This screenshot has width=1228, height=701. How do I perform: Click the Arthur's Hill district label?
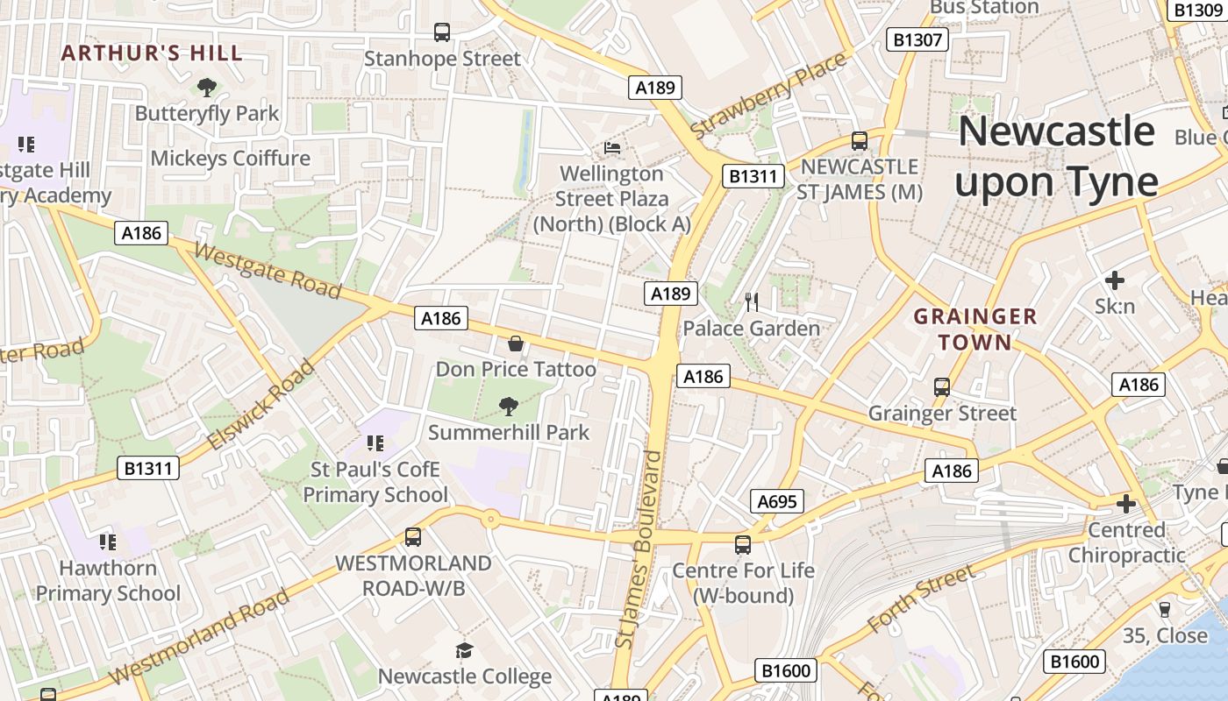pos(152,53)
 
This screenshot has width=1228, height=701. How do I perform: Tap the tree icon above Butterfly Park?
pos(207,87)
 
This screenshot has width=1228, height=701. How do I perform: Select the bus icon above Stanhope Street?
pos(442,32)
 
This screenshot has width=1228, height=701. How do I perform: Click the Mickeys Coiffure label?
pos(231,159)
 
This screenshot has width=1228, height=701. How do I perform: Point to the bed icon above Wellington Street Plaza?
pos(612,147)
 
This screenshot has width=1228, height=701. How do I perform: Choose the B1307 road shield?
pos(917,39)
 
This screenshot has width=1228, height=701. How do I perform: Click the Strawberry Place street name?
pos(769,95)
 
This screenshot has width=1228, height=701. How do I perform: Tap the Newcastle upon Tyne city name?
pos(1056,157)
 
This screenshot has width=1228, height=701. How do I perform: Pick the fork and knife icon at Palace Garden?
pos(751,302)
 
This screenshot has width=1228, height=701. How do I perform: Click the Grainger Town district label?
pos(975,329)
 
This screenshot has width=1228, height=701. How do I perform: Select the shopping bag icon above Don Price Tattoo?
pos(516,343)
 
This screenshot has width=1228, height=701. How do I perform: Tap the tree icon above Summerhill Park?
pos(508,407)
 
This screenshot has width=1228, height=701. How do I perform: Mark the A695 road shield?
pos(777,501)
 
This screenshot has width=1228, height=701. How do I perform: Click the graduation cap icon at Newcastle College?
pos(464,650)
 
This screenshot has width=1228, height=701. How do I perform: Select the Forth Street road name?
pos(920,599)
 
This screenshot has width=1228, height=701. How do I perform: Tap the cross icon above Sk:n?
pos(1114,280)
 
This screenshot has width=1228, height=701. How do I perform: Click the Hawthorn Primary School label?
pos(108,580)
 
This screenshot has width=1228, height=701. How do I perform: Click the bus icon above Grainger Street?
pos(942,386)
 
